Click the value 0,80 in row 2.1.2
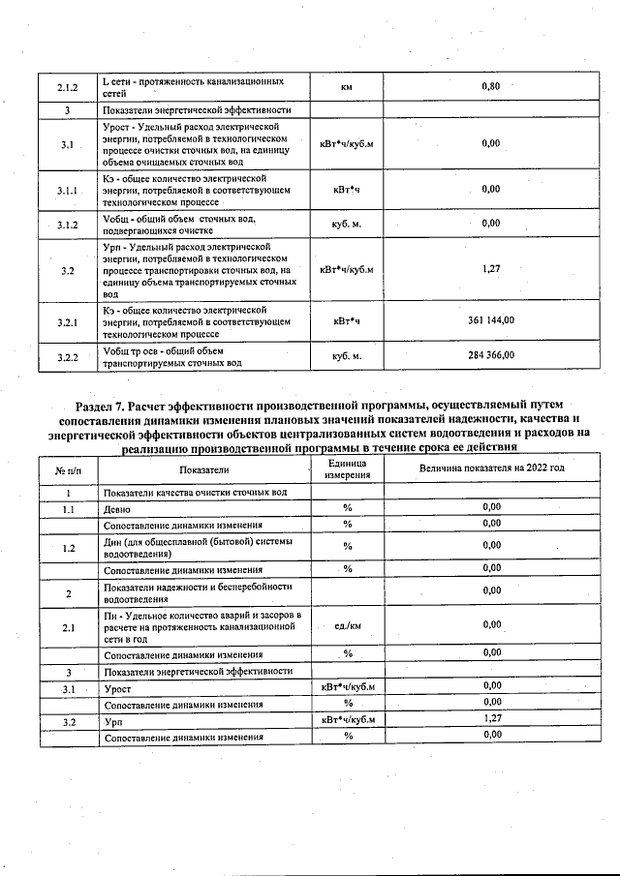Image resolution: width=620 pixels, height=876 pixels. [490, 87]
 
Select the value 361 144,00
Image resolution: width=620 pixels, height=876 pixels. [490, 320]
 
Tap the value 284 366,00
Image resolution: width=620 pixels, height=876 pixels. [490, 356]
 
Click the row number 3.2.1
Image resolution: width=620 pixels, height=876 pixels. [67, 320]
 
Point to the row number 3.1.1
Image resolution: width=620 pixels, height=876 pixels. [67, 191]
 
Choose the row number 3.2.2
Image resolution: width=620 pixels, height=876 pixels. [67, 357]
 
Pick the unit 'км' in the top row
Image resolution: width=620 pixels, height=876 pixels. [346, 88]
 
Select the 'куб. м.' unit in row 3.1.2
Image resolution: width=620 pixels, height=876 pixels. [346, 225]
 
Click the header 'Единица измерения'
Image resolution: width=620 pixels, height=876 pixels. [346, 469]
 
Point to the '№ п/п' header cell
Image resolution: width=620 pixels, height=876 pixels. [67, 469]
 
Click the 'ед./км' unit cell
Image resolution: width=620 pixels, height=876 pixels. [346, 627]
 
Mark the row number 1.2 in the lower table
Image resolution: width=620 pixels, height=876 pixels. [68, 548]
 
